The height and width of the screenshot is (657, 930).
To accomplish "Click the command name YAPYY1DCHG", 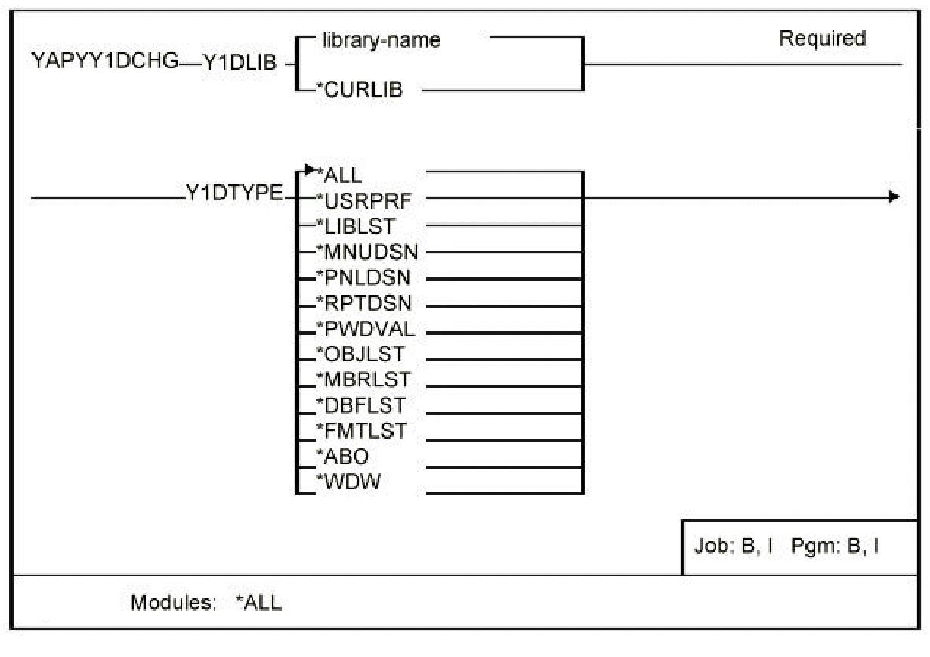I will pos(104,62).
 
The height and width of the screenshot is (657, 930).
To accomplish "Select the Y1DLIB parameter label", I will pos(239,64).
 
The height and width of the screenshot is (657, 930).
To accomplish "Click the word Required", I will pos(822,39).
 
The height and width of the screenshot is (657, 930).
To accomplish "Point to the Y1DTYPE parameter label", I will pos(233,195).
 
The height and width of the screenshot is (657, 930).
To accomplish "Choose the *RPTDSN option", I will pos(364,303).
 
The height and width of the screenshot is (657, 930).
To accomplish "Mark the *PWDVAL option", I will pos(365,329).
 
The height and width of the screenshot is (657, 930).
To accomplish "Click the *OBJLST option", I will pos(360,354).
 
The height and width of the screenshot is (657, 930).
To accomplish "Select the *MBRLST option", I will pos(363,380).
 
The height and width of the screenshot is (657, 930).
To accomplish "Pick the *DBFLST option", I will pos(361,405).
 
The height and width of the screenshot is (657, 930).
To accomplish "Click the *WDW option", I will pos(348,482).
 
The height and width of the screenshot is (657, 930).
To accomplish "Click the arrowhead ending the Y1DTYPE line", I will pos(894,197).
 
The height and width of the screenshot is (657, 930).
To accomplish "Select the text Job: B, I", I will pos(733,547).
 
